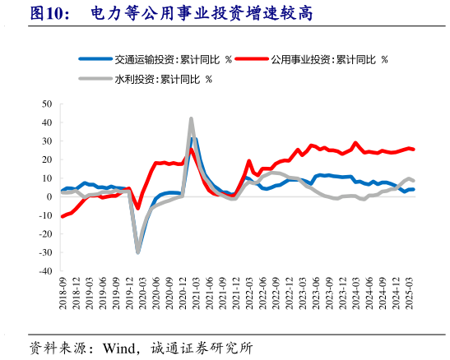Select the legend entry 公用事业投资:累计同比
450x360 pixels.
(329, 59)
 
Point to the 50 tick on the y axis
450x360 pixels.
(46, 104)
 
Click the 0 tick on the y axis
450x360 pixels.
(49, 196)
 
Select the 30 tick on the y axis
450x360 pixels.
(46, 141)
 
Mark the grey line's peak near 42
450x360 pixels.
(191, 118)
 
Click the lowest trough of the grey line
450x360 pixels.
(137, 252)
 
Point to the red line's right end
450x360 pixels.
(413, 149)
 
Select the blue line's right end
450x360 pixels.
(413, 189)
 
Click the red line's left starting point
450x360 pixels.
(63, 216)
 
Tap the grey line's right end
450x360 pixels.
(413, 180)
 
